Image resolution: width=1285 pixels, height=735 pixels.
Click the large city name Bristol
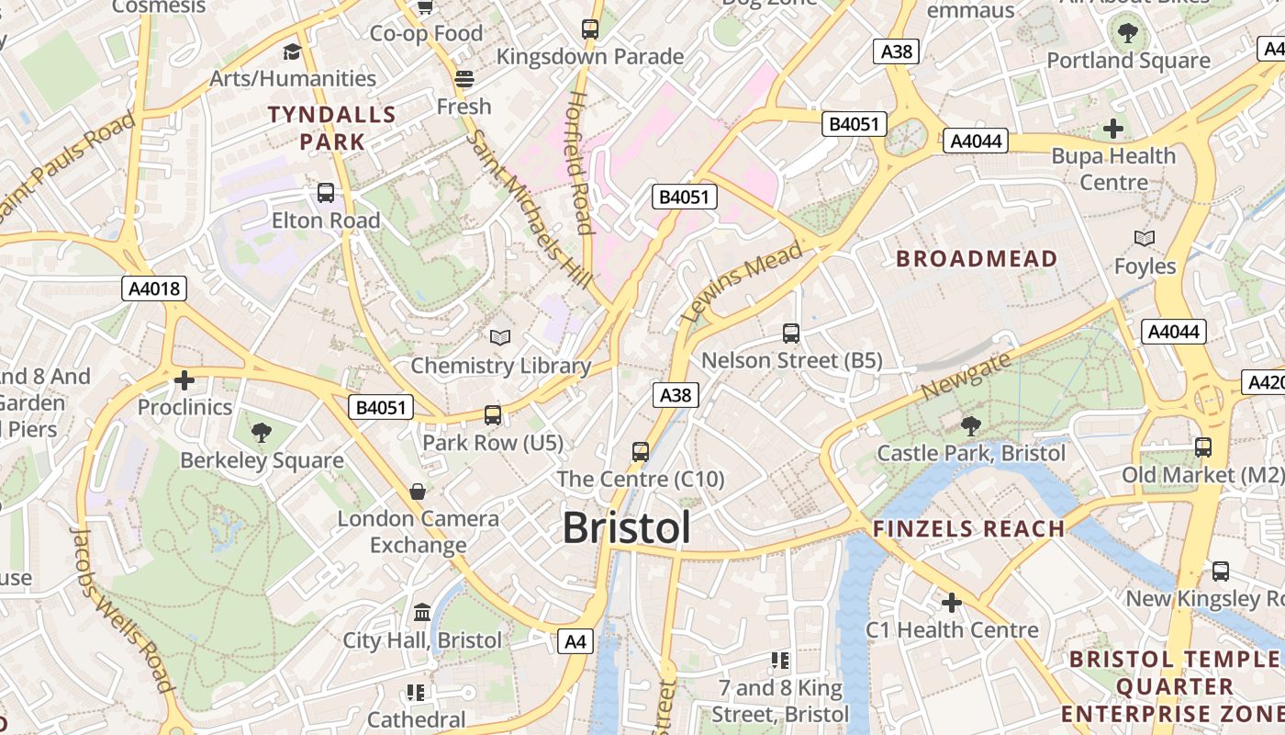[626, 528]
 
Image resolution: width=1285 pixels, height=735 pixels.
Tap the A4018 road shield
[154, 288]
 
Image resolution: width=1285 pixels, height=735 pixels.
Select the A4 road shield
[575, 641]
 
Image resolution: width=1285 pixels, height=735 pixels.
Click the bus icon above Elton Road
[326, 193]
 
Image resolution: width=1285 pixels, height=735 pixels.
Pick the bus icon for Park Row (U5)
[493, 415]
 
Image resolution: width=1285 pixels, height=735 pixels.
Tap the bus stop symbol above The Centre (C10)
[641, 452]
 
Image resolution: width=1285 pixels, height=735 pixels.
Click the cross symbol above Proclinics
[184, 379]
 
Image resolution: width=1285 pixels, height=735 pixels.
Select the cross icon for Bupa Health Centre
[1113, 129]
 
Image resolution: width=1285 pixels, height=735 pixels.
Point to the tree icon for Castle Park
[970, 426]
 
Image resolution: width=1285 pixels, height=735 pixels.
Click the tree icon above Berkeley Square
[262, 433]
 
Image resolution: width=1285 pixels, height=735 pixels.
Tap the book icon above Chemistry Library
[499, 338]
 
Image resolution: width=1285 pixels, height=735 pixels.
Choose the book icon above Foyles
[1144, 239]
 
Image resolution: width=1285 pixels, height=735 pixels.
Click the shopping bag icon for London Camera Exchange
[418, 492]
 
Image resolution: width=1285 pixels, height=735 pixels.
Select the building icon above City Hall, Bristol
[422, 612]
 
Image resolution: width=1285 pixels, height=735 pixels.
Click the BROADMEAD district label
[977, 259]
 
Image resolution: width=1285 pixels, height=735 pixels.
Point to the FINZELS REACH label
[968, 529]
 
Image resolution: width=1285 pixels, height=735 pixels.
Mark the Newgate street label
[967, 375]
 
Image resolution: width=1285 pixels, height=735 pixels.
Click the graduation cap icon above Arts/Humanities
[292, 51]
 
